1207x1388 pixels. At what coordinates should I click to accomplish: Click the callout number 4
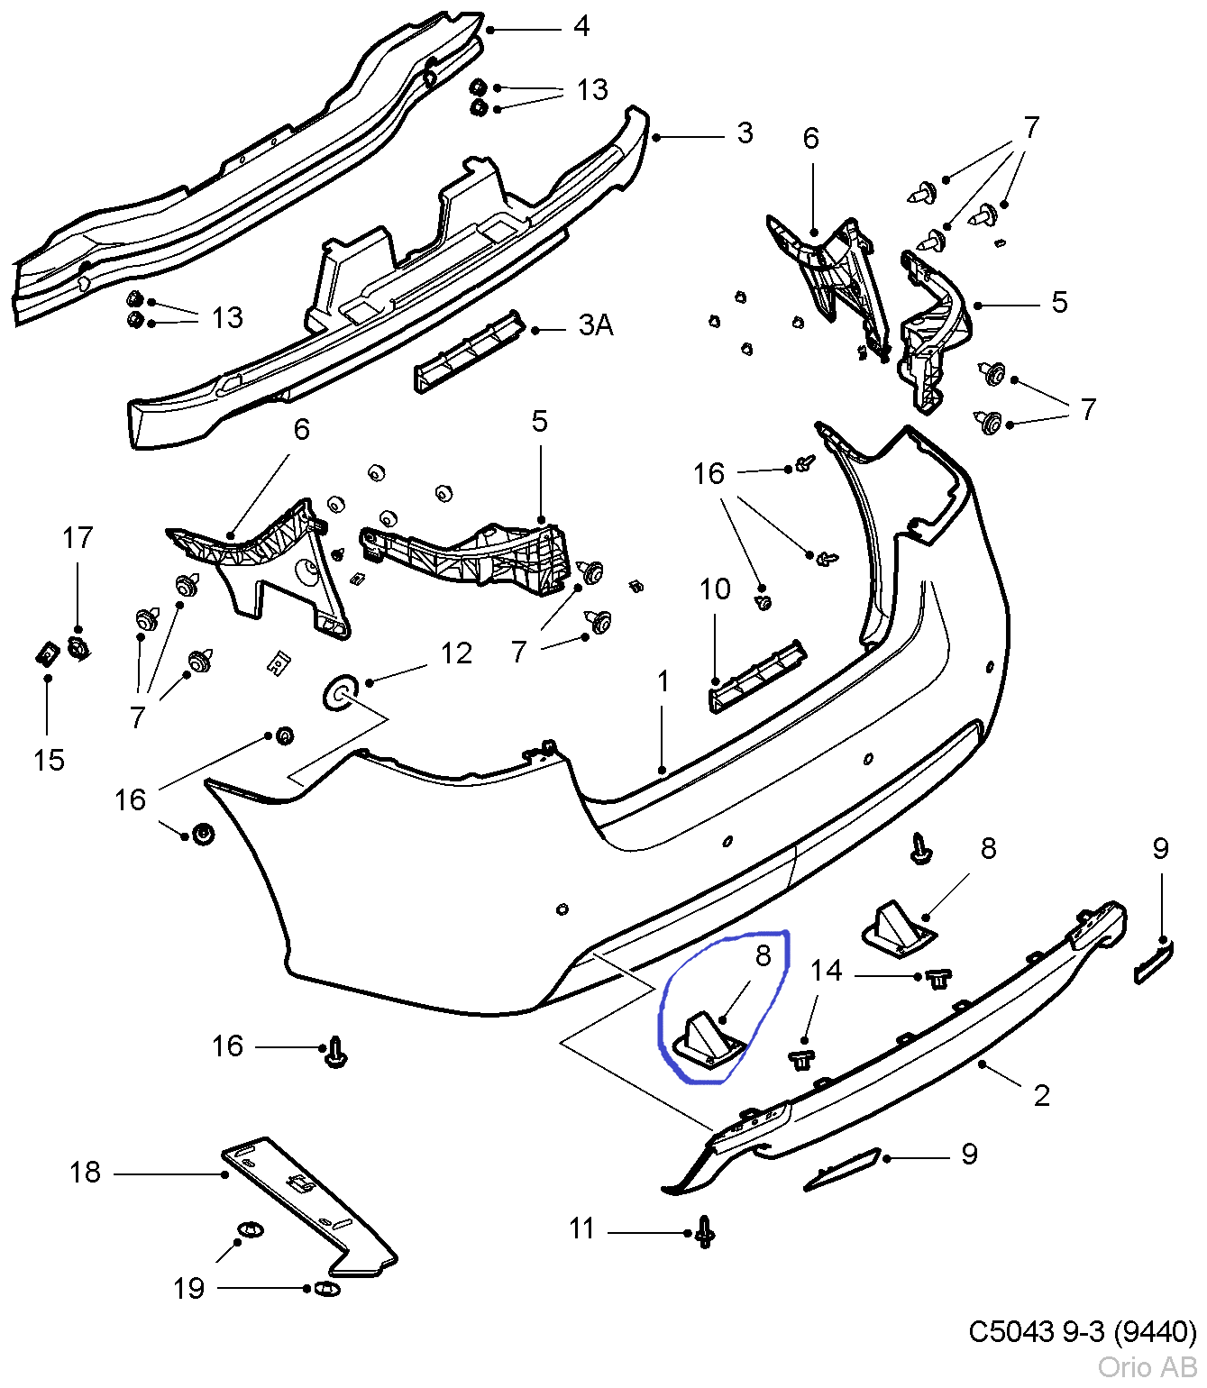point(581,26)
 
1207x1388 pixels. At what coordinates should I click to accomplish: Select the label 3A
point(596,325)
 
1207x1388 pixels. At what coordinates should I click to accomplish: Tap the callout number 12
point(456,653)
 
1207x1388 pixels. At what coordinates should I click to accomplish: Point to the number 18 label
point(86,1172)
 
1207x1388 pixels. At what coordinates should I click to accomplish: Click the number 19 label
point(189,1289)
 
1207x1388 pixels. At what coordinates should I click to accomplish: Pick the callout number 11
point(582,1228)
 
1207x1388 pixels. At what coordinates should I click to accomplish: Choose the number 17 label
point(78,538)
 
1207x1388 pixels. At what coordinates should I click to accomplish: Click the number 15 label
point(49,760)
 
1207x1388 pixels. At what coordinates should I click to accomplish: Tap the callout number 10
point(715,589)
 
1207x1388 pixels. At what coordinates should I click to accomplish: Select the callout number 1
point(663,681)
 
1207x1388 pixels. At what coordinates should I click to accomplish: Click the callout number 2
point(1042,1095)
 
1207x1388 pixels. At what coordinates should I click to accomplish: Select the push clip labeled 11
point(705,1231)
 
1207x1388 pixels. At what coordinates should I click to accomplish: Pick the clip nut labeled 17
point(78,646)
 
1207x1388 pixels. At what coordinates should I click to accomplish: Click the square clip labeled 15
point(46,653)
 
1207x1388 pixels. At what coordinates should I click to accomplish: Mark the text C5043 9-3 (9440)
point(1082,1331)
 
